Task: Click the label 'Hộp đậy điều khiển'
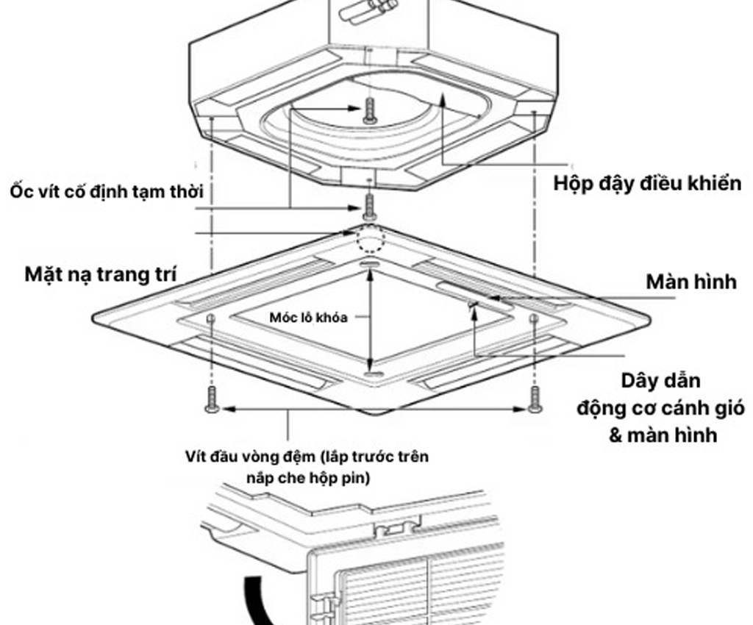647,183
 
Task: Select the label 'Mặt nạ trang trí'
101,275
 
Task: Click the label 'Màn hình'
690,282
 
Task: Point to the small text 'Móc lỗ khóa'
307,317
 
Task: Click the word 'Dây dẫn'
660,382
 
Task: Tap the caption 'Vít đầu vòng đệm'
250,456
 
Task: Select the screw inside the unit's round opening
370,110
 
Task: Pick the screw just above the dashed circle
369,205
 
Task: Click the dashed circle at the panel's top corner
369,239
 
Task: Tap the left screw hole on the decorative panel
212,318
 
